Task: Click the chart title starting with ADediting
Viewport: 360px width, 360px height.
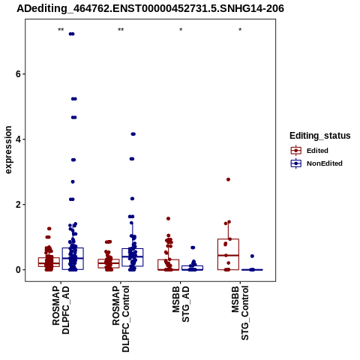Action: (150, 8)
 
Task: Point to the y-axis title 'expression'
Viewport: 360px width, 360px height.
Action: (8, 150)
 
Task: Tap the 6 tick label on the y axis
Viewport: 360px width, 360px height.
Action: (18, 74)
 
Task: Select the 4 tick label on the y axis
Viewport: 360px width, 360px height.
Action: (18, 139)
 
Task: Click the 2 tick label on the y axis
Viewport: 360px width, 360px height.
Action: (18, 205)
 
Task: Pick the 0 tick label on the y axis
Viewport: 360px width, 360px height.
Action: (18, 270)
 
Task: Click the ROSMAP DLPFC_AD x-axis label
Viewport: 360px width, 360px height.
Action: (61, 310)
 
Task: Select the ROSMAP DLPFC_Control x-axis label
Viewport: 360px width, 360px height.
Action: (121, 319)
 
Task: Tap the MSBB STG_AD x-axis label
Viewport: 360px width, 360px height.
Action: (181, 304)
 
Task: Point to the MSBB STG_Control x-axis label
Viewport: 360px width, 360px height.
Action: (240, 313)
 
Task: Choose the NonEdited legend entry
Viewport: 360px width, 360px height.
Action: (316, 163)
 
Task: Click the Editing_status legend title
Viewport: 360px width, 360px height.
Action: (320, 136)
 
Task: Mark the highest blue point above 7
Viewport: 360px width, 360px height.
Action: (72, 34)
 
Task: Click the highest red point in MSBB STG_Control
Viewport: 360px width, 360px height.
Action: (228, 179)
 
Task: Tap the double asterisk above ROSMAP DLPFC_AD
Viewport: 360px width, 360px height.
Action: (61, 29)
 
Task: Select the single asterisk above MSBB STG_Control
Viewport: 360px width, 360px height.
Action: (240, 29)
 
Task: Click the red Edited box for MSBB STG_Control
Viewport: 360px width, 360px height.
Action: (228, 254)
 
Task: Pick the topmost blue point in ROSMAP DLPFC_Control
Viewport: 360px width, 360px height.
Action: (133, 134)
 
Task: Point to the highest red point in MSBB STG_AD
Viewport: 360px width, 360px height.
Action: (168, 218)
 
